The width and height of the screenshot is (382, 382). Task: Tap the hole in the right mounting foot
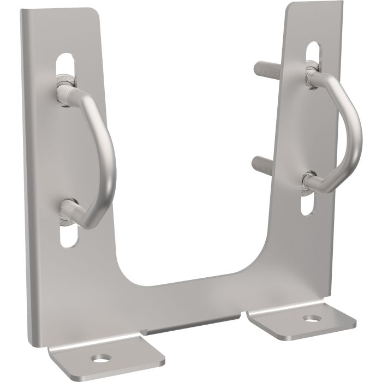312,318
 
